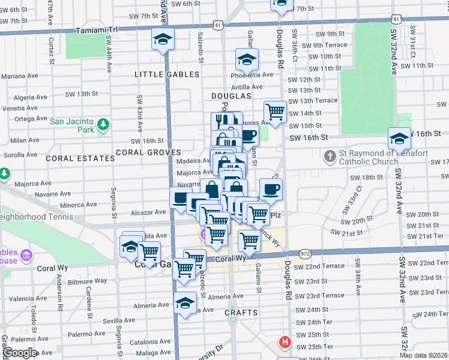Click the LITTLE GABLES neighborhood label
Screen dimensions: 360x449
coord(167,74)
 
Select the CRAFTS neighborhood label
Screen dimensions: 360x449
coord(241,313)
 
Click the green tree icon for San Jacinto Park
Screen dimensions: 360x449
coord(104,124)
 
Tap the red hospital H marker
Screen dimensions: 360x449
coord(285,343)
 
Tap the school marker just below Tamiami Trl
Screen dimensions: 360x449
coord(163,40)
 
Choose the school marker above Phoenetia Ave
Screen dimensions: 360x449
coord(247,60)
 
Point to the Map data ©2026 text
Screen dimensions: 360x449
coord(423,355)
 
